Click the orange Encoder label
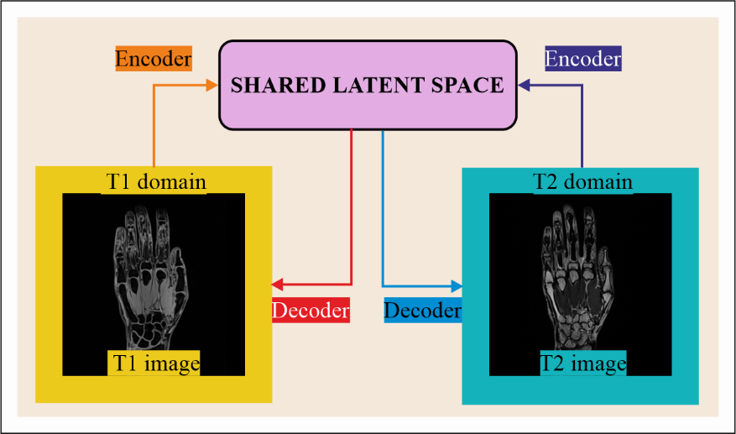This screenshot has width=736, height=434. (154, 59)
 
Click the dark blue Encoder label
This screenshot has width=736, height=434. (582, 59)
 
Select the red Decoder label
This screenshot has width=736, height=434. (310, 310)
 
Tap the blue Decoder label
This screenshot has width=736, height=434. (423, 310)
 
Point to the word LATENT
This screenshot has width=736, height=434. (366, 85)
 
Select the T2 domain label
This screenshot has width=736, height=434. (582, 181)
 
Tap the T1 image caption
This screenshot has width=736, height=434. (154, 363)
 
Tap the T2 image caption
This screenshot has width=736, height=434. (582, 363)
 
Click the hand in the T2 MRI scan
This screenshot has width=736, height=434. (577, 269)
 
